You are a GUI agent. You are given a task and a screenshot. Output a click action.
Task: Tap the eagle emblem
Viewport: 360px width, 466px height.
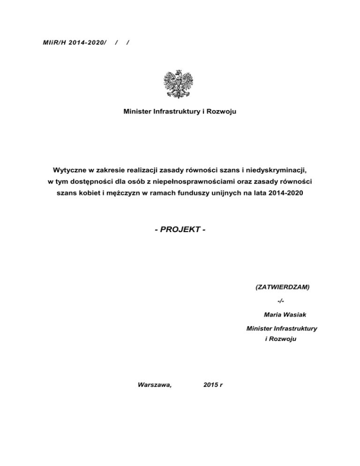tap(180, 84)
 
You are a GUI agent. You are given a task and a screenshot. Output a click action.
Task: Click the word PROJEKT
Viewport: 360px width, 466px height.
tap(180, 230)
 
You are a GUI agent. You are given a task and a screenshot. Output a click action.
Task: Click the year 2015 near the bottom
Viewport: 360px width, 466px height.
tap(211, 384)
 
